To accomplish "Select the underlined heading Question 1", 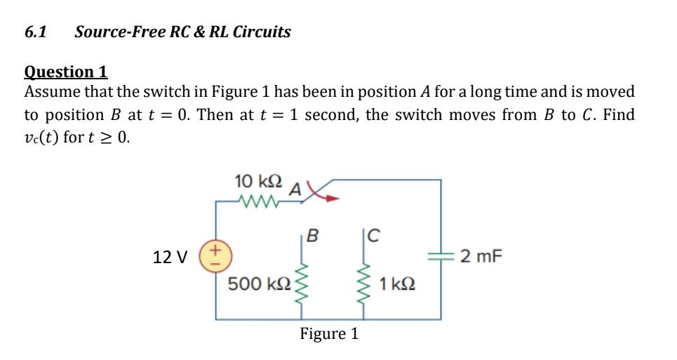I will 66,72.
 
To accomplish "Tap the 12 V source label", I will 170,258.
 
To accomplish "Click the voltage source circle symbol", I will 213,255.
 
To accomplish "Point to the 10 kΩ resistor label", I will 258,180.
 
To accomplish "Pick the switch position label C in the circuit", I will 373,235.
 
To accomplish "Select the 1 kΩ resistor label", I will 398,284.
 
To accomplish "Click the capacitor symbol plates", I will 441,256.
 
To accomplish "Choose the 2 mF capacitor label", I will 481,256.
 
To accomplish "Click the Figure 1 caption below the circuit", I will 329,334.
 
